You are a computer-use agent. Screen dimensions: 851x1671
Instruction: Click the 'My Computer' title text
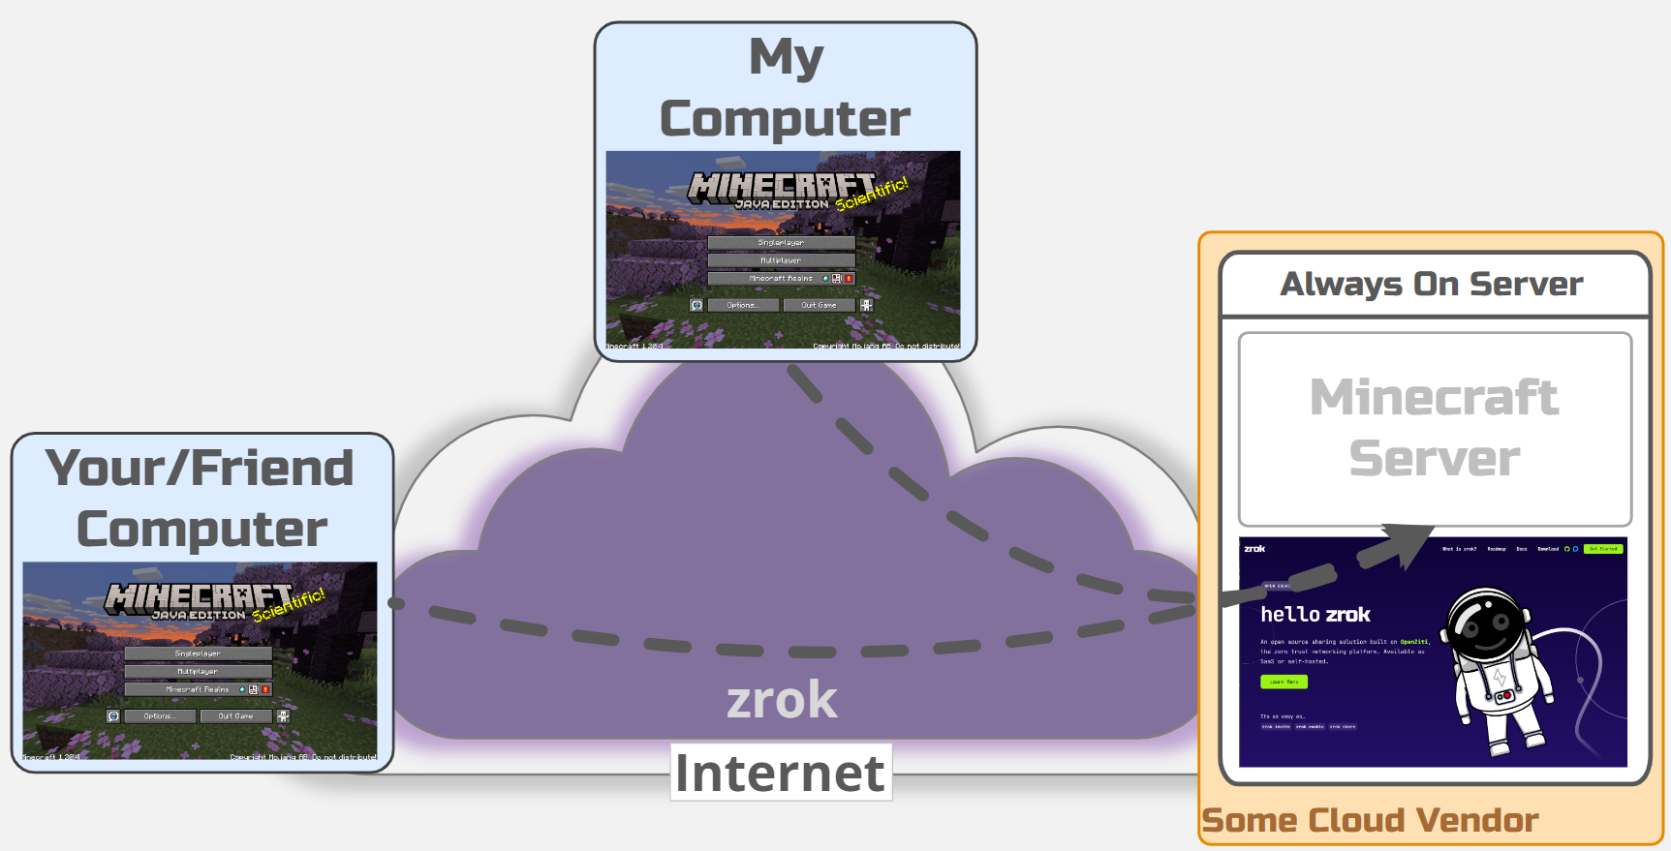[785, 88]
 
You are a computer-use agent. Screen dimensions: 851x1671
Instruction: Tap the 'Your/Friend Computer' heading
[201, 498]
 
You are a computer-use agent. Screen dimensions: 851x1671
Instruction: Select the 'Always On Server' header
[1432, 284]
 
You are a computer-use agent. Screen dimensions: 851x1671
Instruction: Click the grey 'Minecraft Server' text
[1435, 427]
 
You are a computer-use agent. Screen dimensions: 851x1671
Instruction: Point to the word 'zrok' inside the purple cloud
[782, 699]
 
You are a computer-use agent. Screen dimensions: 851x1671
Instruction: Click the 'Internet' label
[780, 773]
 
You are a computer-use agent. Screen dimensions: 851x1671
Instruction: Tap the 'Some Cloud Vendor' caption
[1370, 820]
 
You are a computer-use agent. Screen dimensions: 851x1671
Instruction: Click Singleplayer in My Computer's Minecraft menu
[781, 243]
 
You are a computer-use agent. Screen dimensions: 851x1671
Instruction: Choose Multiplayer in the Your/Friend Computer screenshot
[198, 671]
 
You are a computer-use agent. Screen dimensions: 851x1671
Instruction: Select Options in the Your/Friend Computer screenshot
[160, 716]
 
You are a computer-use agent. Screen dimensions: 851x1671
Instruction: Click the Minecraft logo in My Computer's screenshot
[781, 186]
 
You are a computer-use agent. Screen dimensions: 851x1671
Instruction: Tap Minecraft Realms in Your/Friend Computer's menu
[198, 689]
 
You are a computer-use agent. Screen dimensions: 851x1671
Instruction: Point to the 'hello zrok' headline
[1315, 614]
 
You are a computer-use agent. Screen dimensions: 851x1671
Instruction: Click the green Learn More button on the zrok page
[1284, 682]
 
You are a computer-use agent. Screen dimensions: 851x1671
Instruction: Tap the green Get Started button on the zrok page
[1602, 549]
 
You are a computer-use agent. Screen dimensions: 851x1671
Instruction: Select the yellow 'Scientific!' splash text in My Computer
[872, 194]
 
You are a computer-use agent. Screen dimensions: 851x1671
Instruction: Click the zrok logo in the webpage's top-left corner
[1254, 549]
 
